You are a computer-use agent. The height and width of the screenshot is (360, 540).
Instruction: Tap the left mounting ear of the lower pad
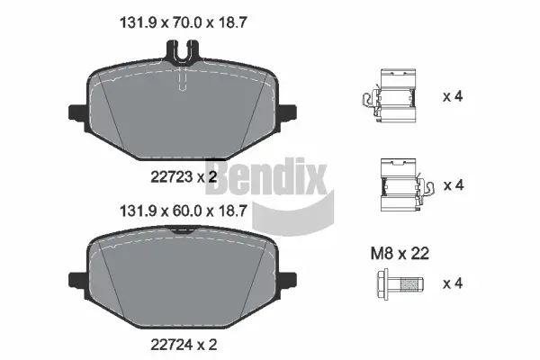click(x=77, y=279)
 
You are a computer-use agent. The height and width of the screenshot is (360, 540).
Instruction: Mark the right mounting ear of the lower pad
click(x=288, y=279)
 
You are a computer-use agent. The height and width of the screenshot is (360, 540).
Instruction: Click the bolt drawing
click(x=395, y=285)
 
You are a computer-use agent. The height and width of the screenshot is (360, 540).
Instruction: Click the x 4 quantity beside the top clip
click(x=453, y=95)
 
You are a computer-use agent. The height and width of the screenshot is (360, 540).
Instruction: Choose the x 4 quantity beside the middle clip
click(x=453, y=185)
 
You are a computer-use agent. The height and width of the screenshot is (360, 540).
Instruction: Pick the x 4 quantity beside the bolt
click(x=453, y=284)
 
